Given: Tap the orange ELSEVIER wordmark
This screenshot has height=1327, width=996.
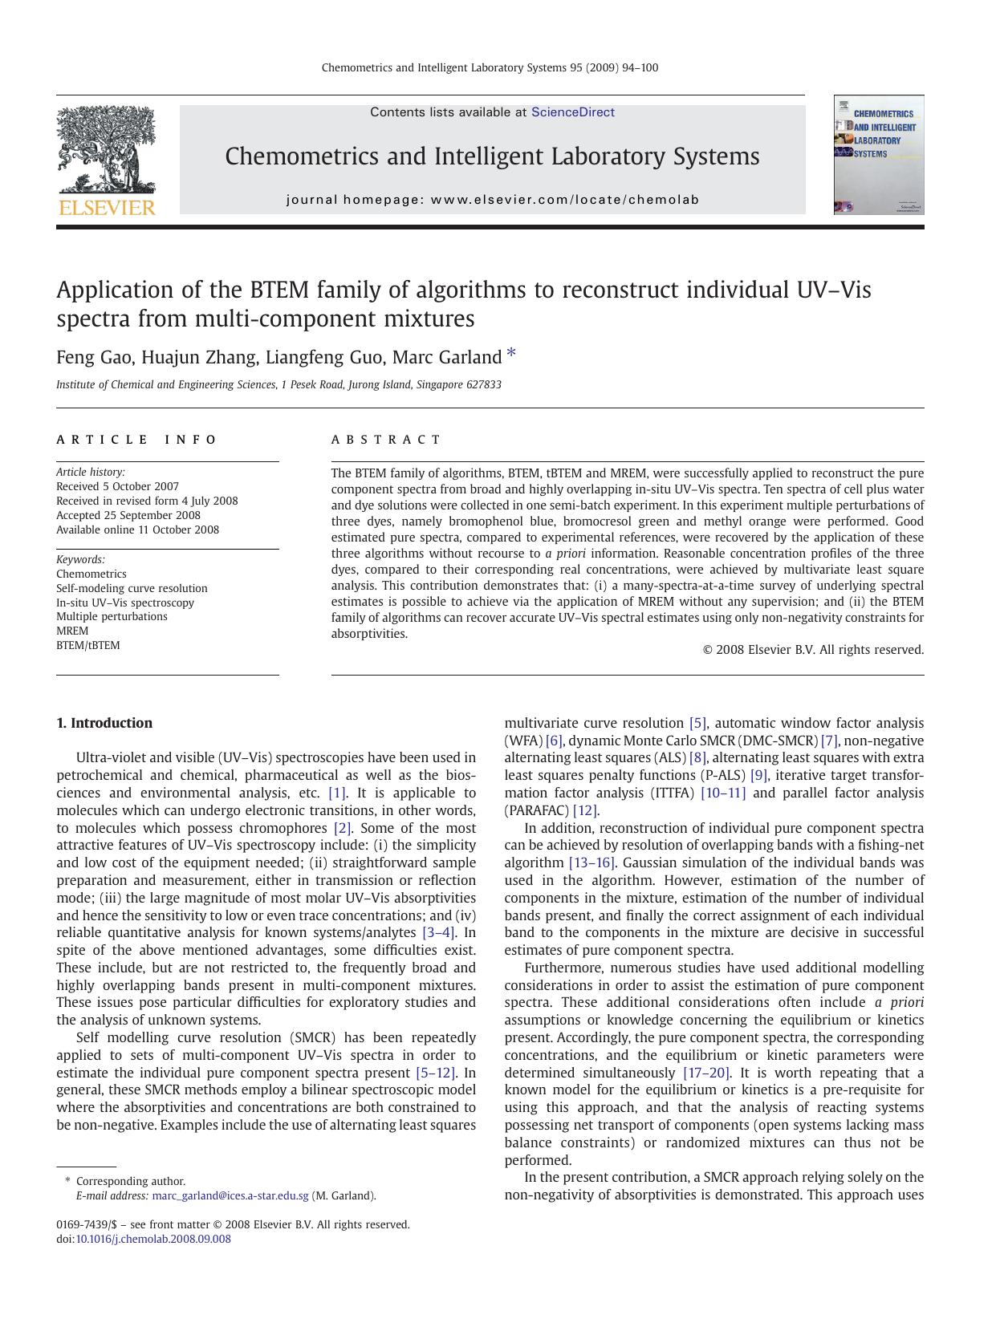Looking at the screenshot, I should coord(107,208).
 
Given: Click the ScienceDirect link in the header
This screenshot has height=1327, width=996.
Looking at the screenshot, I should coord(572,112).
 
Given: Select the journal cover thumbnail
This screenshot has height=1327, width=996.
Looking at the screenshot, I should coord(878,155).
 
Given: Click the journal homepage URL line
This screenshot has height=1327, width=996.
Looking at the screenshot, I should coord(492,200).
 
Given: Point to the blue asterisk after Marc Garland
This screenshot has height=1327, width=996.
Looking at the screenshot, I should coord(511,354).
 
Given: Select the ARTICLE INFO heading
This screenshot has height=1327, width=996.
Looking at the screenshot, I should coord(136,440).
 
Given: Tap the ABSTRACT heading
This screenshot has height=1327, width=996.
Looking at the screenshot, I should coord(386,440).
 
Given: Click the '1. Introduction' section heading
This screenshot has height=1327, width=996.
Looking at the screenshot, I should coord(104,723).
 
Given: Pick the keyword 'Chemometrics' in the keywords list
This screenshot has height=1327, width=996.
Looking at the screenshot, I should coord(91,574).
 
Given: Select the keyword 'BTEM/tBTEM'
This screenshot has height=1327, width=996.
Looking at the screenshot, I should coord(88,645).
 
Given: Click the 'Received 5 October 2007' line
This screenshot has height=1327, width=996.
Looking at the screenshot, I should coord(117,486).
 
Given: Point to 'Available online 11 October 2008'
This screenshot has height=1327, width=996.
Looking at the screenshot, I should coord(137,530).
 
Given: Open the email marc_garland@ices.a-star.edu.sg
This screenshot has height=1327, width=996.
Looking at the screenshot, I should coord(230,1195).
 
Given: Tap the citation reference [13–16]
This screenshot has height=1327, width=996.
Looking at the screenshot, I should coord(592,862).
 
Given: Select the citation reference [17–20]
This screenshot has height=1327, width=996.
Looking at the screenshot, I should coord(706,1073).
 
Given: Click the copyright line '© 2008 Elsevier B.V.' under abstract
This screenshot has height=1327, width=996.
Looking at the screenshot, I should coord(813,650).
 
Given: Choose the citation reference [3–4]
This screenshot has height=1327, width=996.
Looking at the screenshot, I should coord(439,932).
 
